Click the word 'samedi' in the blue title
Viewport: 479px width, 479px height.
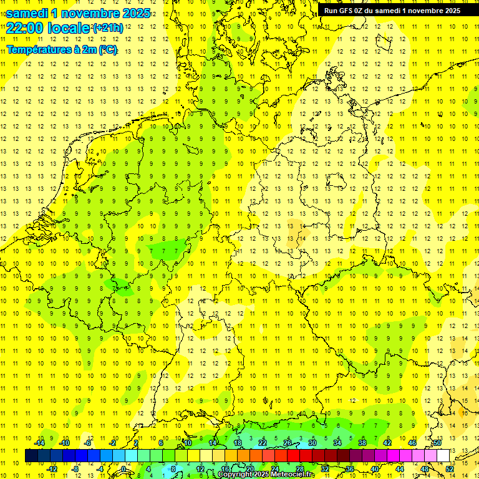coord(27,13)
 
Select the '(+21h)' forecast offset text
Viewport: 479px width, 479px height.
coord(108,28)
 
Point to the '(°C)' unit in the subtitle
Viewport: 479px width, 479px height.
coord(105,49)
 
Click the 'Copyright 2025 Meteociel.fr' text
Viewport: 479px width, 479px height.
coord(266,475)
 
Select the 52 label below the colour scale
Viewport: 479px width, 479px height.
coord(450,468)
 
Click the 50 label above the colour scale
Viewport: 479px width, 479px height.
coord(437,443)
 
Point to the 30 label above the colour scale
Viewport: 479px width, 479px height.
coord(312,443)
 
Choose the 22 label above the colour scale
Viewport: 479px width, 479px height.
coord(263,443)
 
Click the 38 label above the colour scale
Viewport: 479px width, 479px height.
coord(362,443)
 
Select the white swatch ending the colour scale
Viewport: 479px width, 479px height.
coord(443,456)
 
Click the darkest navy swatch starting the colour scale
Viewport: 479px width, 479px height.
coord(31,456)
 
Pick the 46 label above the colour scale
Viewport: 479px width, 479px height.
coord(412,443)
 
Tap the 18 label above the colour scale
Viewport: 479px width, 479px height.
coord(238,443)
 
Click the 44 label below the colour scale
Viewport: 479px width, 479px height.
coord(400,468)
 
